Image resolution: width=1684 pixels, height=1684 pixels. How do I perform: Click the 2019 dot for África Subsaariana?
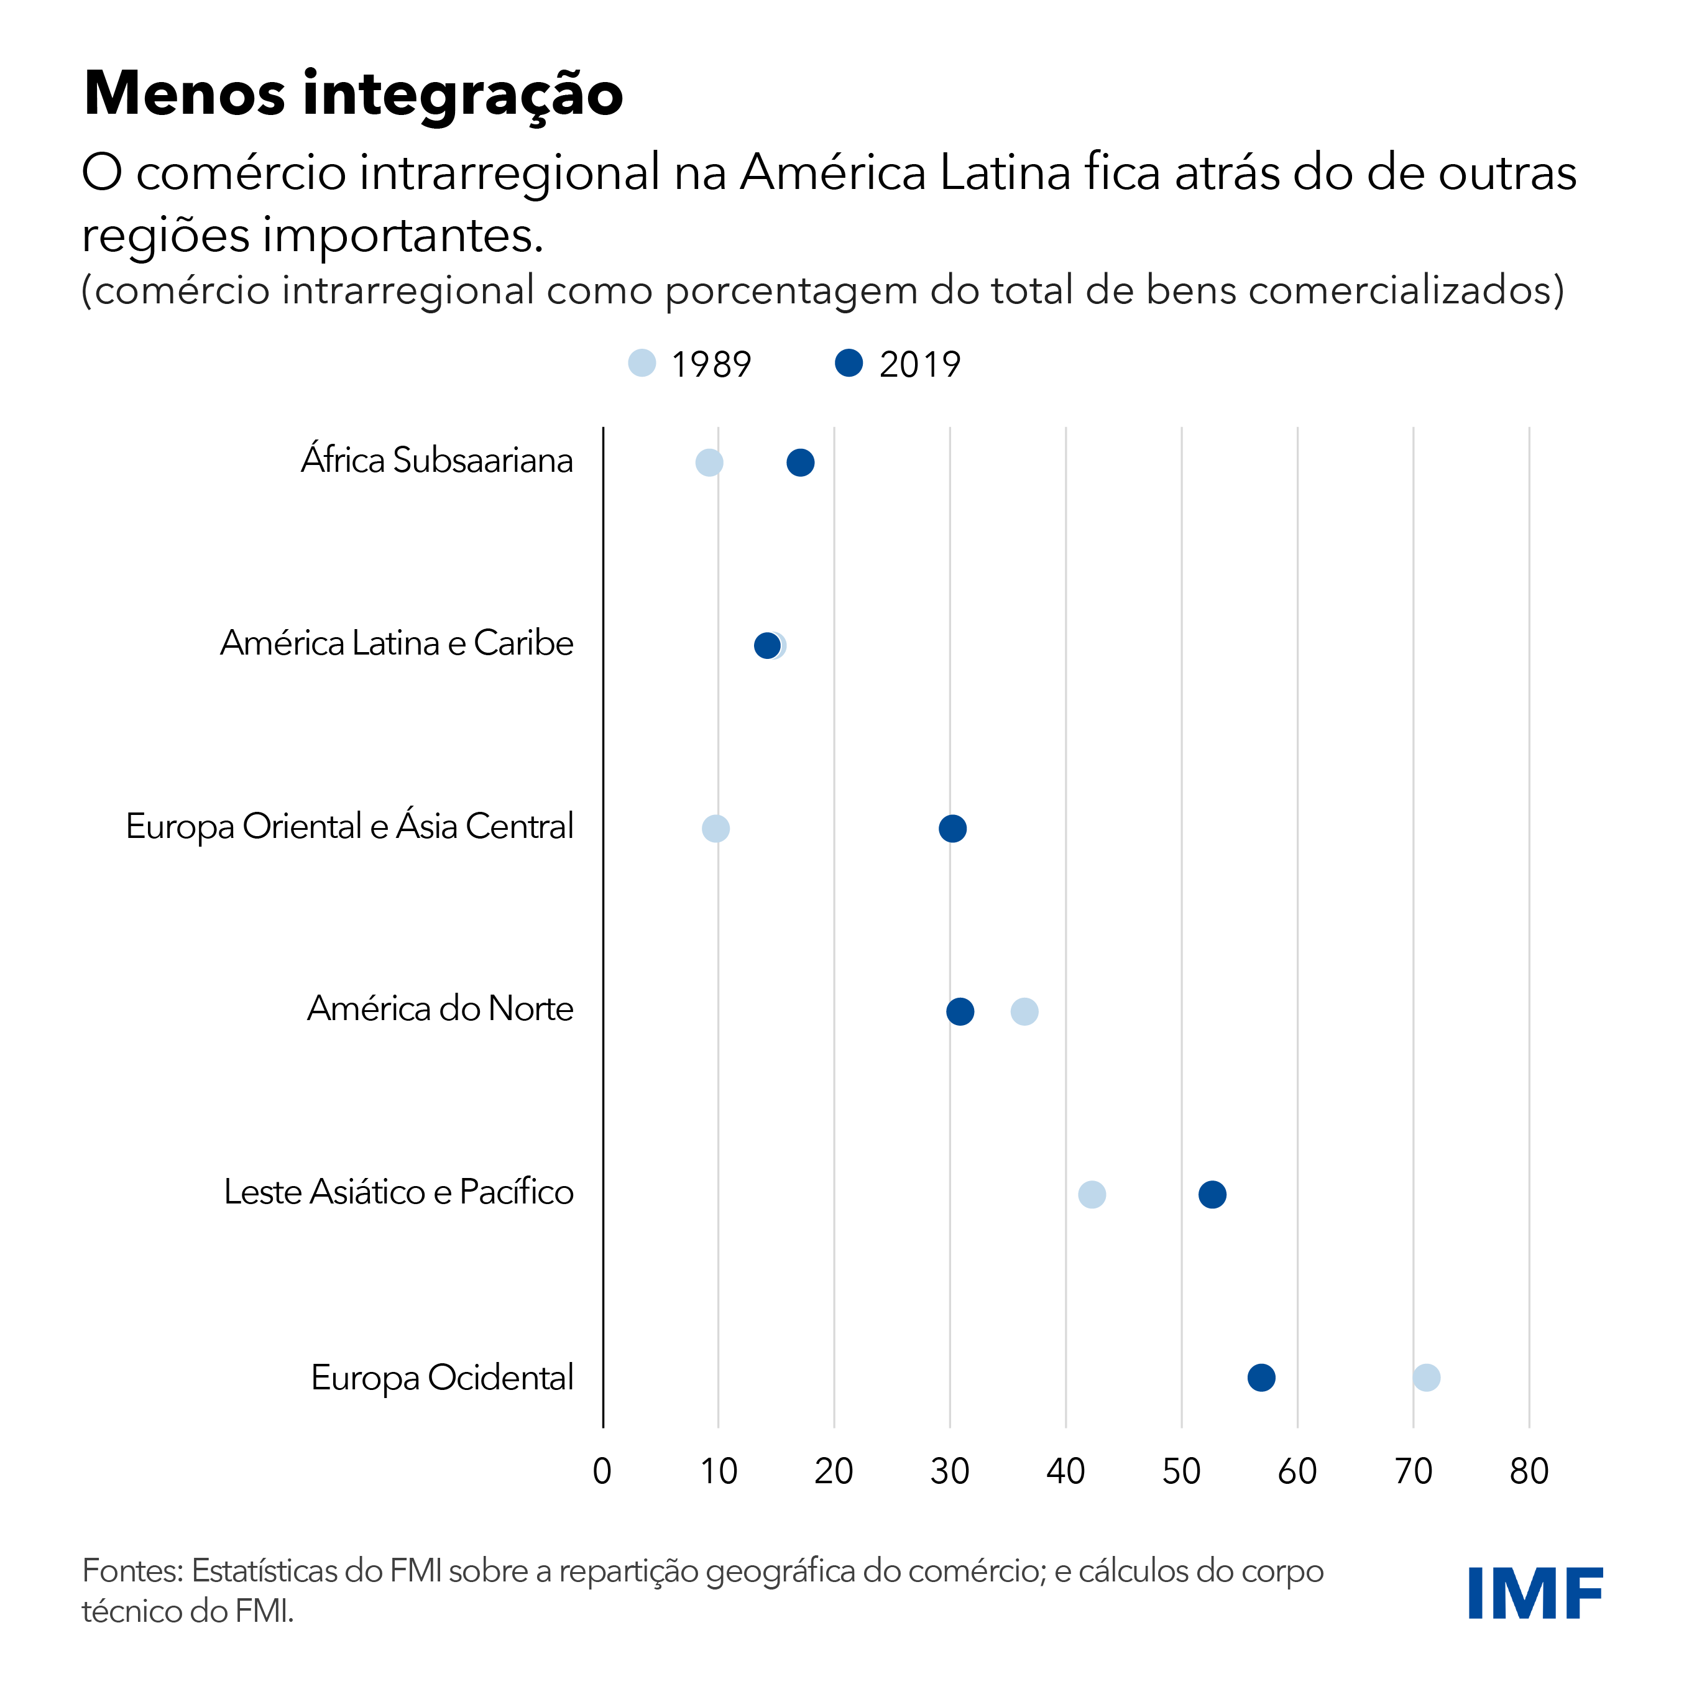tap(800, 463)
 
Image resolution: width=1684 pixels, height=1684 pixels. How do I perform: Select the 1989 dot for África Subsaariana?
tap(709, 463)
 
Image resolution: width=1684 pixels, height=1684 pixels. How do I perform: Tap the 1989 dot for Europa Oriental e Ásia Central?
tap(715, 828)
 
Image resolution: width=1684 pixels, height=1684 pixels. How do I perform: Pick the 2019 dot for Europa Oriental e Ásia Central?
tap(953, 828)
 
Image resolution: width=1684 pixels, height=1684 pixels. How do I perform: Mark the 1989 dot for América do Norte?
tap(1024, 1012)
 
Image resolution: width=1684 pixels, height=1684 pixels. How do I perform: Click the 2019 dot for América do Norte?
tap(960, 1012)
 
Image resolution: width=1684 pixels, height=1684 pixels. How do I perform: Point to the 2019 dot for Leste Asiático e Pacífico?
tap(1212, 1194)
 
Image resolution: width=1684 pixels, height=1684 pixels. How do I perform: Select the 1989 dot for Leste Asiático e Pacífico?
tap(1092, 1194)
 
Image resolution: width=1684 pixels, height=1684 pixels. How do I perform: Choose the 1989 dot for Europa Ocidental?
tap(1426, 1378)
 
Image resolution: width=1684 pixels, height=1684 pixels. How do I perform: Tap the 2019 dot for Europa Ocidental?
tap(1261, 1378)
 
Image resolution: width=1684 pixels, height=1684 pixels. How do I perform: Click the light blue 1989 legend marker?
tap(642, 362)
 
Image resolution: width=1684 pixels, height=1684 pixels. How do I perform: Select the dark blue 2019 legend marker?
tap(849, 362)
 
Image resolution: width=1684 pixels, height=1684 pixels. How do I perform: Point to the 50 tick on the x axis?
tap(1181, 1471)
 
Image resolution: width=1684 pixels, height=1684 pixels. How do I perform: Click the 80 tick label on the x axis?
tap(1529, 1471)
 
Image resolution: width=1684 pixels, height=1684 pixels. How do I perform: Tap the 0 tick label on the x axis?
tap(602, 1471)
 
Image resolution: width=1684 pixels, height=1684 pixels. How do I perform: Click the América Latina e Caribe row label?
tap(397, 643)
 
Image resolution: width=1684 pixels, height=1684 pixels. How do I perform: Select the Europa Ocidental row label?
tap(442, 1377)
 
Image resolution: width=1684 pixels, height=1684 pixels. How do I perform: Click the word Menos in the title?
tap(185, 93)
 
